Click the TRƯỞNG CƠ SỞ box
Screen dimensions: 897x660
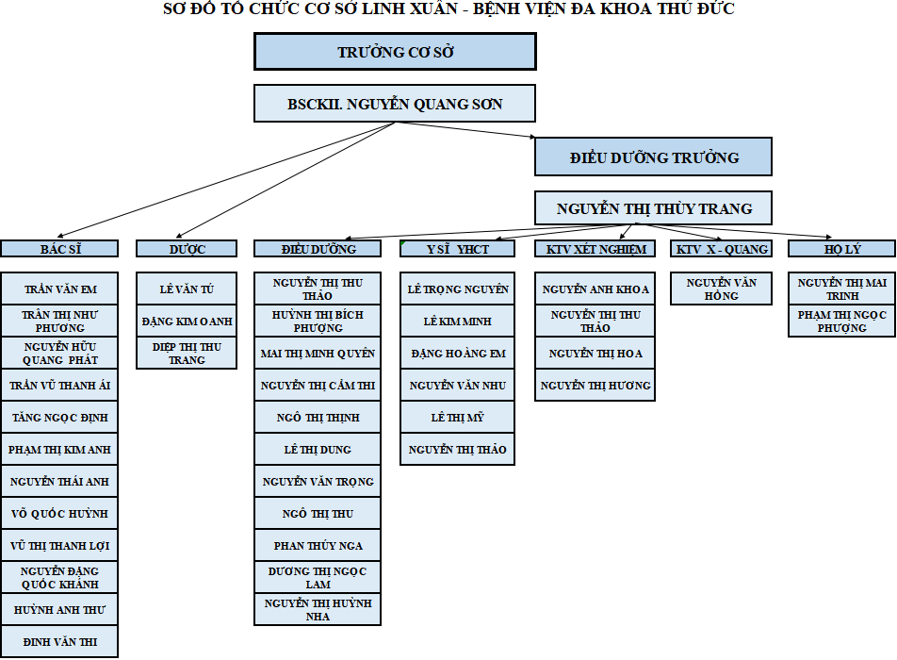point(395,52)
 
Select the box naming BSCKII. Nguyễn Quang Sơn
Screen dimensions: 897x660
point(395,104)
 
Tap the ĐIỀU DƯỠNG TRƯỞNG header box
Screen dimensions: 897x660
point(653,157)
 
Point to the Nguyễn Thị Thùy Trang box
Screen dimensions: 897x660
point(653,207)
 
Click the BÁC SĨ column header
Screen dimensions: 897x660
point(59,248)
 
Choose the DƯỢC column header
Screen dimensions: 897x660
point(187,248)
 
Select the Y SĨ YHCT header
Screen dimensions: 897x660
point(458,248)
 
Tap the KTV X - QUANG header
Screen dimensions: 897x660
point(722,248)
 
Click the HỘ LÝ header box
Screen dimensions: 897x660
point(841,248)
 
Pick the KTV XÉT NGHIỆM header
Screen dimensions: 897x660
point(595,248)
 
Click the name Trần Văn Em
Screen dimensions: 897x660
point(59,289)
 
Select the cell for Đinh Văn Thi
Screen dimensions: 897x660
point(59,642)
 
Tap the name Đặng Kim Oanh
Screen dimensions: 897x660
point(187,322)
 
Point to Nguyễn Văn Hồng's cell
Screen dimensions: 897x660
point(722,289)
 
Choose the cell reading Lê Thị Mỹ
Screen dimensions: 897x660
point(458,418)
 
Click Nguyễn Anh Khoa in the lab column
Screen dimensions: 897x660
point(595,289)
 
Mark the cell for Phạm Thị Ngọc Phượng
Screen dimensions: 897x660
point(841,322)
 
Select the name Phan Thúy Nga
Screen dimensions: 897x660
point(318,546)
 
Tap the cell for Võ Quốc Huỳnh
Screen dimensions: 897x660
point(59,514)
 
